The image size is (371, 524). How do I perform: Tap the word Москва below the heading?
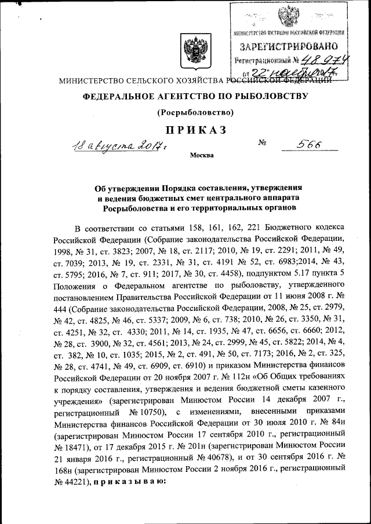click(x=201, y=155)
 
